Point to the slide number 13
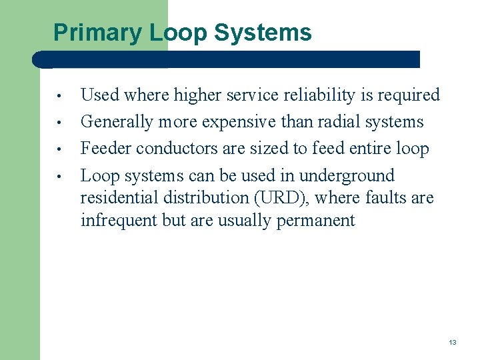(453, 342)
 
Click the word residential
(119, 198)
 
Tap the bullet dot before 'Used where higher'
(59, 97)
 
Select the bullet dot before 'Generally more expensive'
(59, 123)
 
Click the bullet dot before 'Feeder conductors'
(59, 150)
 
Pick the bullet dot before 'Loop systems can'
(59, 177)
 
